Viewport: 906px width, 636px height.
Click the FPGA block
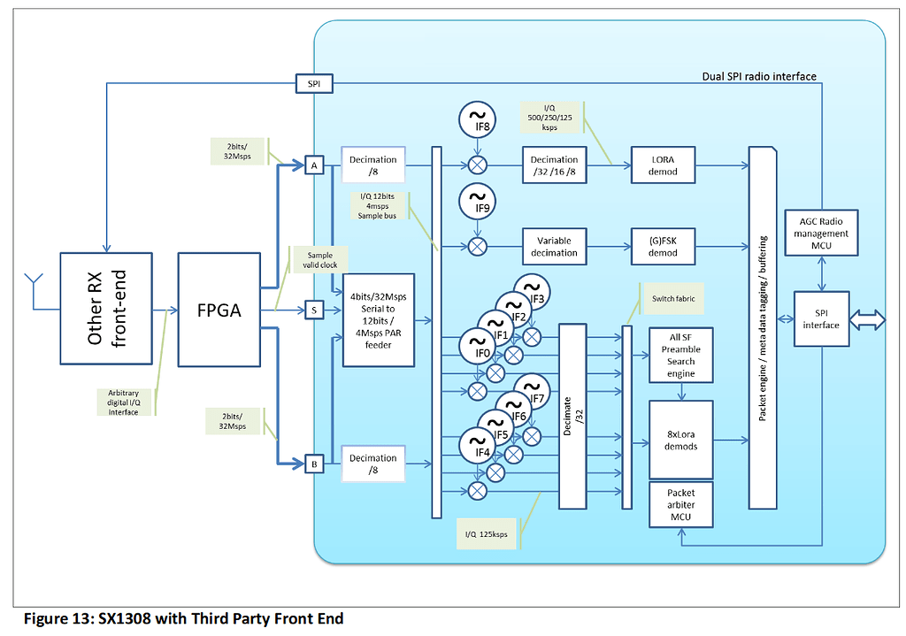pyautogui.click(x=219, y=310)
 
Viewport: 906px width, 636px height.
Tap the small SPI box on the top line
pyautogui.click(x=313, y=84)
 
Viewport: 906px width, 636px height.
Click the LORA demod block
pyautogui.click(x=663, y=165)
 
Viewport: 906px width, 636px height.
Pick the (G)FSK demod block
pyautogui.click(x=663, y=247)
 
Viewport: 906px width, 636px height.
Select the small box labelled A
pyautogui.click(x=313, y=165)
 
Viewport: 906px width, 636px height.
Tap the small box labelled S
pyautogui.click(x=313, y=310)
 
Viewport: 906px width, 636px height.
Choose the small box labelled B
pyautogui.click(x=313, y=463)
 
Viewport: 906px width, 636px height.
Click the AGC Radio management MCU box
pyautogui.click(x=821, y=234)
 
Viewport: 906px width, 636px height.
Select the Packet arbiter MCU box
pyautogui.click(x=680, y=504)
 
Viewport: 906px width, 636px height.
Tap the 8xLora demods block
pyautogui.click(x=680, y=440)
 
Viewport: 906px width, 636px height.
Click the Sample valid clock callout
pyautogui.click(x=320, y=258)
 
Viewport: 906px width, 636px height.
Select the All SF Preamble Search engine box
pyautogui.click(x=680, y=356)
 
